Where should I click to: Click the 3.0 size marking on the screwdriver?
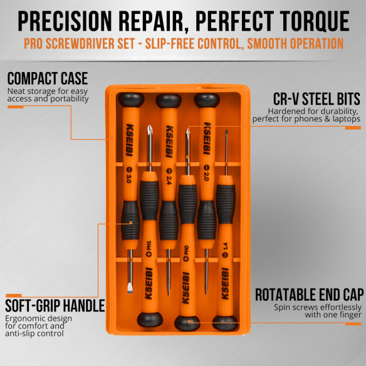(128, 179)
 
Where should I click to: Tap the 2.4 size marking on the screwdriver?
(167, 179)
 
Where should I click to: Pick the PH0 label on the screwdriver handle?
(186, 252)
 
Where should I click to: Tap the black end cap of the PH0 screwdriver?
(187, 323)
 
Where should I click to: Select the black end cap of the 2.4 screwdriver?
(168, 100)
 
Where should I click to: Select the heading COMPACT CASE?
(48, 79)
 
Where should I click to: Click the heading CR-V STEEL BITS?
(316, 99)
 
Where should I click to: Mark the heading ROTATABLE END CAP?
(308, 295)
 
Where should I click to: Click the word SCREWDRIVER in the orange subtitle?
(111, 44)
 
